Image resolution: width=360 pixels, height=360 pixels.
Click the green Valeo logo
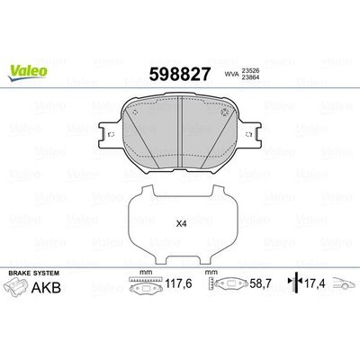tap(24, 13)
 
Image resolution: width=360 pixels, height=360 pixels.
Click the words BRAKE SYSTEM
tap(30, 272)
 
